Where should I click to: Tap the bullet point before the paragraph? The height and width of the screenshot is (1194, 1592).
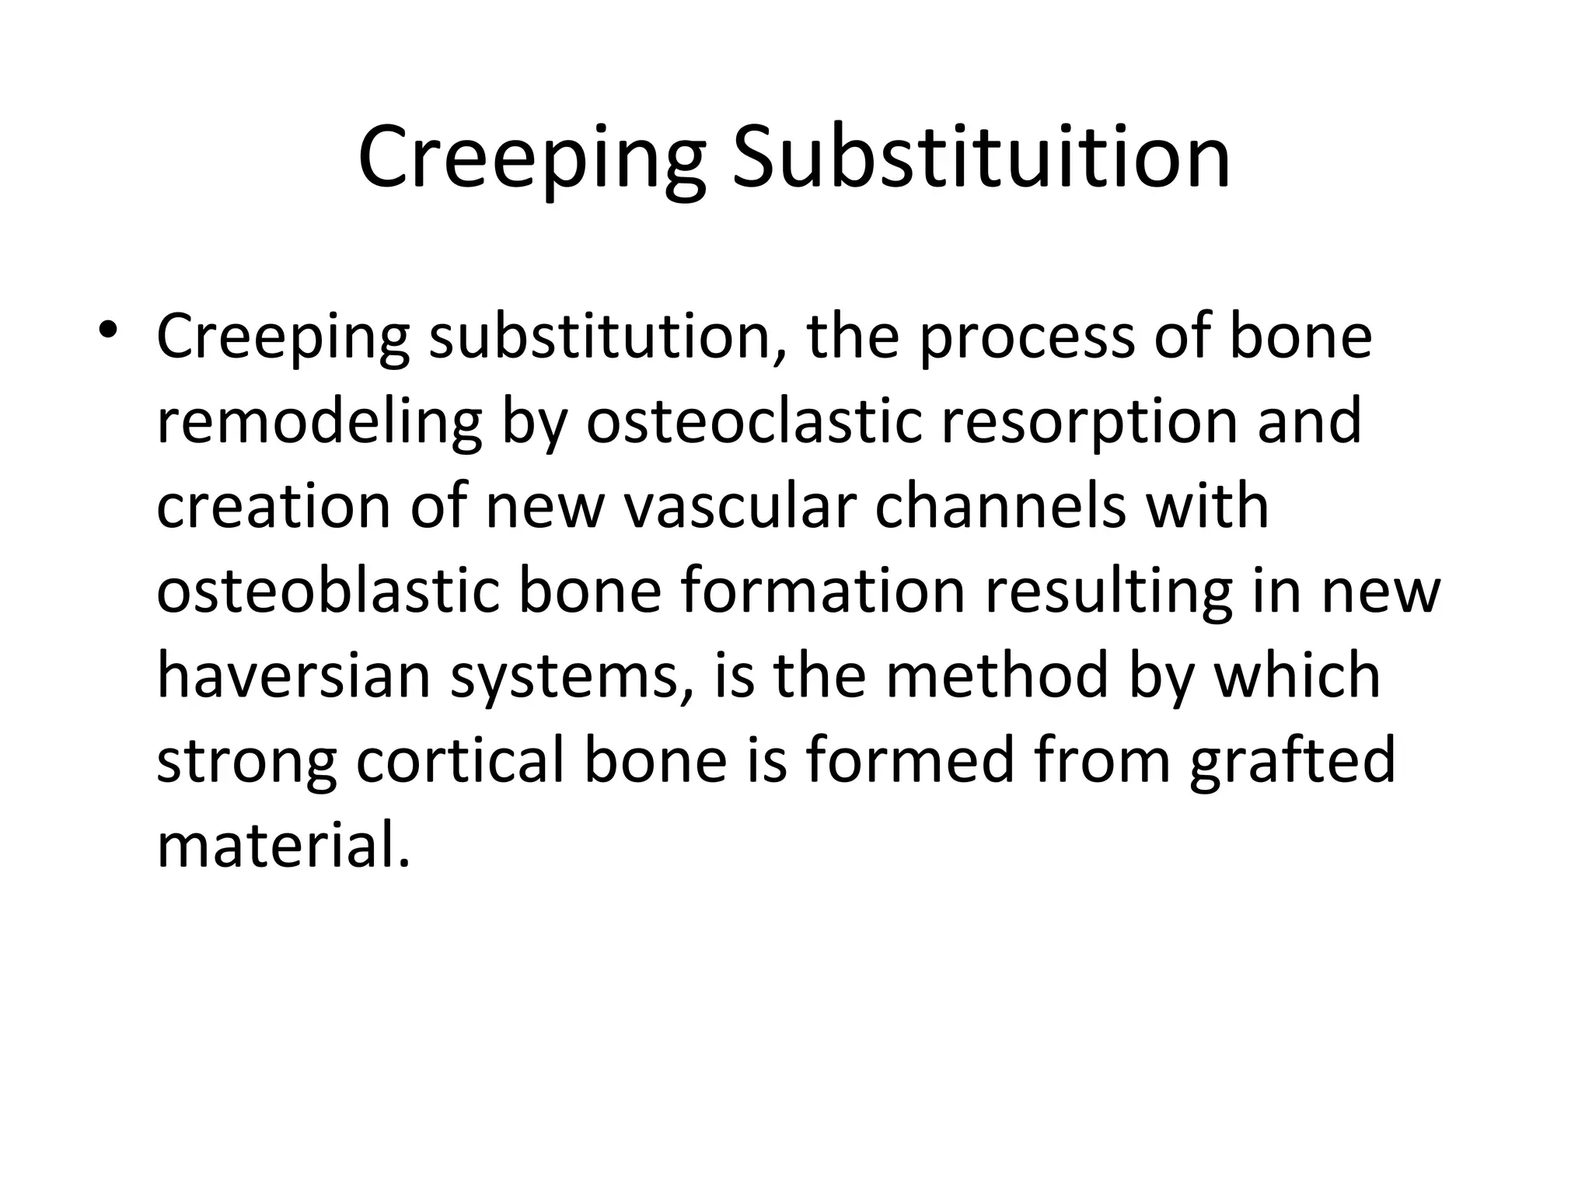pyautogui.click(x=108, y=330)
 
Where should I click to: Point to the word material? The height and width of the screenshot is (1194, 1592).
pyautogui.click(x=282, y=845)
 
